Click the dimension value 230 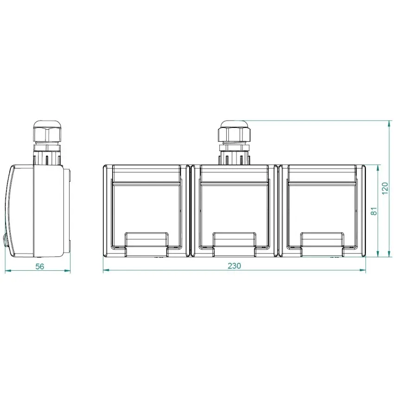coord(234,266)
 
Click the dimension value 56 coord(40,267)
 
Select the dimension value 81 coord(374,211)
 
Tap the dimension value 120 coord(385,188)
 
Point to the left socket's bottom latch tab coord(146,244)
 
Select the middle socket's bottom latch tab coord(234,244)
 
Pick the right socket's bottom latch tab coord(323,244)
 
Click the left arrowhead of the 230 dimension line coord(106,270)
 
